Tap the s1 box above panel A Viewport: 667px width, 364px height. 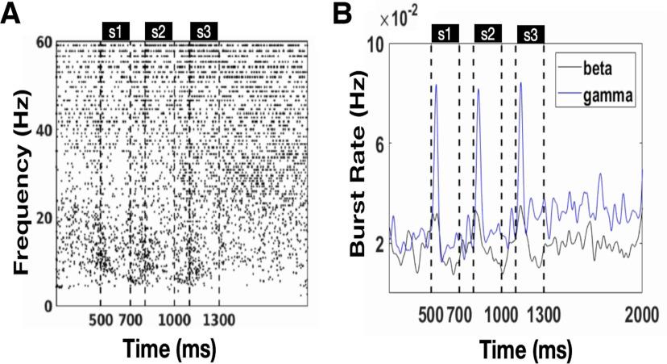pyautogui.click(x=114, y=31)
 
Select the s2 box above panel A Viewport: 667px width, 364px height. pyautogui.click(x=157, y=31)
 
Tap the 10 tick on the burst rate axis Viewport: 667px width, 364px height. pyautogui.click(x=375, y=45)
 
